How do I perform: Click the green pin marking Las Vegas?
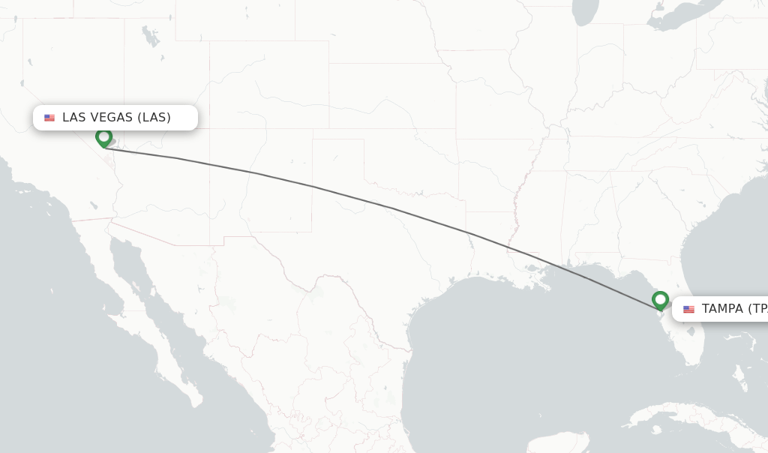[104, 137]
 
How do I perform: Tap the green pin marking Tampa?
[660, 300]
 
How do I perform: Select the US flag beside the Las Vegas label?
[49, 118]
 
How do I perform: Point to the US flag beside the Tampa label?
[688, 309]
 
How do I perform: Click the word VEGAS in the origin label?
[112, 118]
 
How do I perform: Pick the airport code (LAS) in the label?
[154, 118]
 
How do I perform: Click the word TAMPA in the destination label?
[722, 309]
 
